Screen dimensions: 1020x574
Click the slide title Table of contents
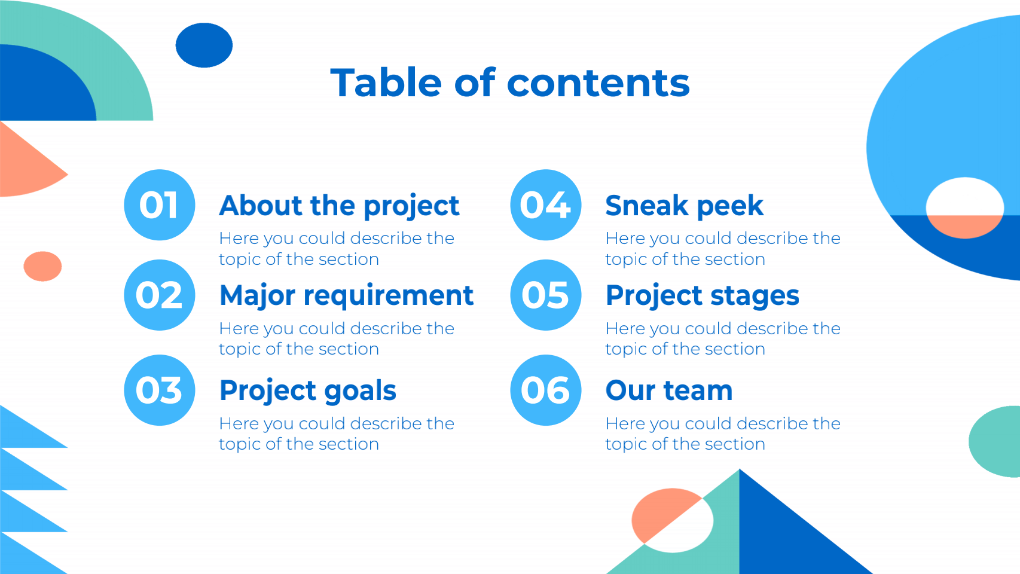(x=510, y=83)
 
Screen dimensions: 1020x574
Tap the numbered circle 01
(x=160, y=205)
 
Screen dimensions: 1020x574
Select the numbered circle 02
(x=160, y=295)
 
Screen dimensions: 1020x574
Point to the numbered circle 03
(x=160, y=390)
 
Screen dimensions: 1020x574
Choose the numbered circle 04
(x=545, y=205)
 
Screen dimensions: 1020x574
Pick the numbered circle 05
(x=545, y=295)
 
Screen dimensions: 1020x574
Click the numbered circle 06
(x=545, y=390)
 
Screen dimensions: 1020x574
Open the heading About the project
(x=339, y=206)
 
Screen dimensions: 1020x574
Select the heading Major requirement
(x=347, y=296)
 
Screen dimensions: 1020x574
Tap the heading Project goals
(x=308, y=391)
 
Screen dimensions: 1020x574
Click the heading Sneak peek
(x=685, y=206)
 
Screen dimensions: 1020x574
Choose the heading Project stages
(x=702, y=296)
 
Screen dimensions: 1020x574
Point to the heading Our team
(x=669, y=390)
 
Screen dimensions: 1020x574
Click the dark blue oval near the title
(x=204, y=45)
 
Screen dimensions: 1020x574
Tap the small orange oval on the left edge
(x=43, y=266)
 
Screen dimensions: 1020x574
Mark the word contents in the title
(x=598, y=83)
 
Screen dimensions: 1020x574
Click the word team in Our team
(x=698, y=391)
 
